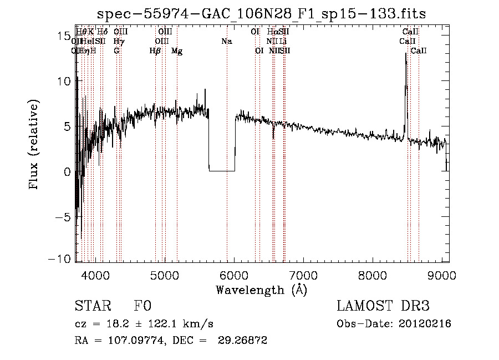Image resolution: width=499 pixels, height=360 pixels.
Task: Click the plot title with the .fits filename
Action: [x=262, y=14]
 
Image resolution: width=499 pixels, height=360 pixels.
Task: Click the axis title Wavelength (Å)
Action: [x=261, y=290]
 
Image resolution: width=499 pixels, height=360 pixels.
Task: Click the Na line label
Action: [x=226, y=42]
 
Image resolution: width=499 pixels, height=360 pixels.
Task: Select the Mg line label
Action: [x=177, y=51]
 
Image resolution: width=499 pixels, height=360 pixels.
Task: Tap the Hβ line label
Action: [x=155, y=51]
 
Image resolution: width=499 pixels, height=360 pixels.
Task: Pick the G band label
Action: [x=116, y=51]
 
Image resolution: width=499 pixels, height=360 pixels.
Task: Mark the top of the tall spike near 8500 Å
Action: [x=406, y=54]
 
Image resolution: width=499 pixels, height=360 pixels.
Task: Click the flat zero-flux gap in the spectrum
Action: [x=222, y=171]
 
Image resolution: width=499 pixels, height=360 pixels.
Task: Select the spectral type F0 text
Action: [x=142, y=306]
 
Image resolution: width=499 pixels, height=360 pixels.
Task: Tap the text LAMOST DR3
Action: [x=383, y=306]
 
